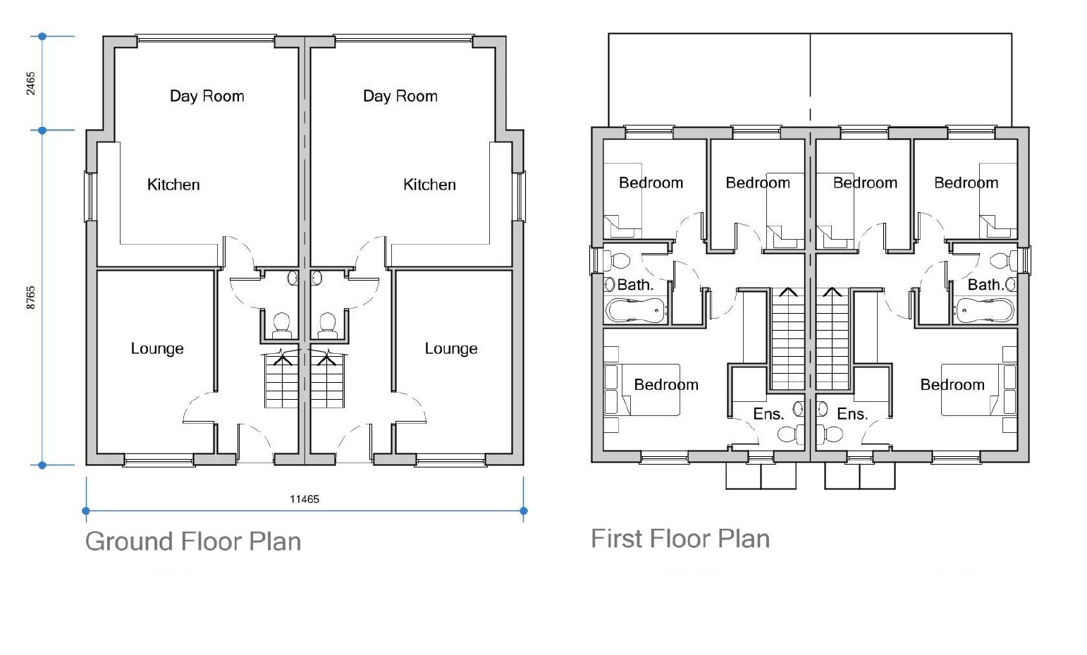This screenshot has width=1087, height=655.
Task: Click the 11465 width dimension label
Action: click(x=305, y=499)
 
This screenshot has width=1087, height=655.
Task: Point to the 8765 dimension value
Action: click(x=30, y=298)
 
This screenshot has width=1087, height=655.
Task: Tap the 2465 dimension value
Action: click(x=30, y=83)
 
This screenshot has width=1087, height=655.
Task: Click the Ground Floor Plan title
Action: click(x=193, y=541)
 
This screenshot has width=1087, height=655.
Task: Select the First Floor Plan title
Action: click(x=680, y=539)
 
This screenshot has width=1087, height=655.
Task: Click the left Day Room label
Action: click(x=207, y=96)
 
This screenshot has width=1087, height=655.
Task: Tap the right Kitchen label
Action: click(x=429, y=185)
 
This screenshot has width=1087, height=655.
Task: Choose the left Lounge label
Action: click(x=157, y=348)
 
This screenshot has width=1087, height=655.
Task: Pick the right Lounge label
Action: click(x=451, y=348)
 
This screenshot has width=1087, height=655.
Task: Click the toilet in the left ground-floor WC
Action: click(x=282, y=324)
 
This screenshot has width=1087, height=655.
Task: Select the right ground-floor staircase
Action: click(x=327, y=381)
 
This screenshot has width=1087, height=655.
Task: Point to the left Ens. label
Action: click(x=768, y=414)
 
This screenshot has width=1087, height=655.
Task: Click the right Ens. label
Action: click(x=852, y=414)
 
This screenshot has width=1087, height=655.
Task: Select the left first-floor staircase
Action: click(x=787, y=338)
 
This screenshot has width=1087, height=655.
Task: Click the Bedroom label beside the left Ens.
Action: click(x=666, y=384)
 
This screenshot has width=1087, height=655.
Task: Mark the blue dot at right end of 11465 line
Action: click(x=523, y=510)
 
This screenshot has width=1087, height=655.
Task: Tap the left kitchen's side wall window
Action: click(x=90, y=196)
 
